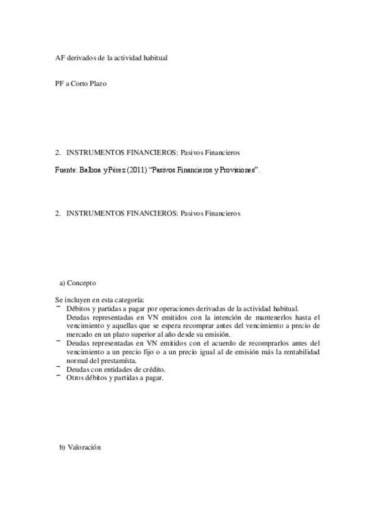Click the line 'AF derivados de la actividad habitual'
(111, 57)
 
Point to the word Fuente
(65, 169)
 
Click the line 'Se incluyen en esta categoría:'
(100, 299)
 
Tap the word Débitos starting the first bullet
(77, 308)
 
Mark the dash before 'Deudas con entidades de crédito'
(58, 369)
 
